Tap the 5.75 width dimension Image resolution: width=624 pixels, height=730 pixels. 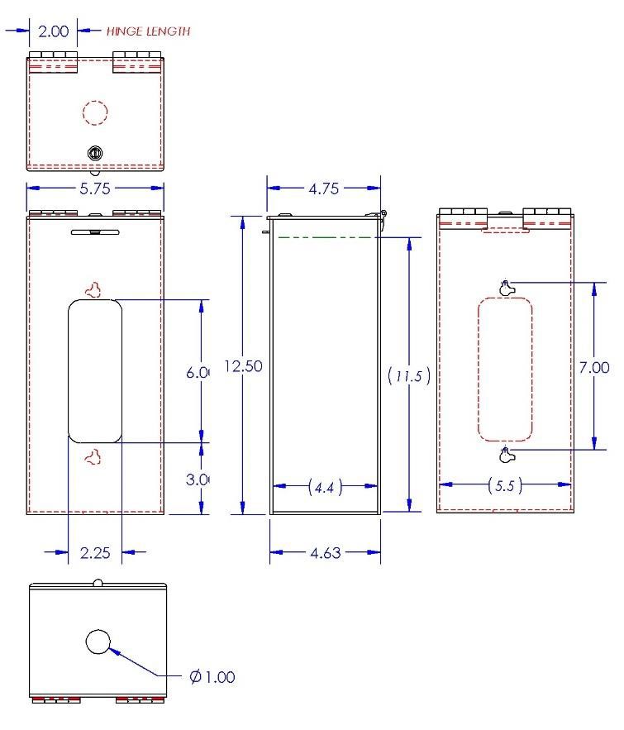96,188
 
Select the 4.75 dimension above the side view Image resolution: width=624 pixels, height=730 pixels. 324,188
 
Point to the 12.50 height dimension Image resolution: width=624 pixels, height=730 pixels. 243,366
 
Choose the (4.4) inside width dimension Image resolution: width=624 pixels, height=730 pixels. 325,488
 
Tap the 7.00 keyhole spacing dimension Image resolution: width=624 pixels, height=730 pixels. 594,367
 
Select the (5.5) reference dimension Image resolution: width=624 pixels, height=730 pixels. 504,487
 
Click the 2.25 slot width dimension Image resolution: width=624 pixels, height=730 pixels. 94,552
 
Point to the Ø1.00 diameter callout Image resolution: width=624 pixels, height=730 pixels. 212,677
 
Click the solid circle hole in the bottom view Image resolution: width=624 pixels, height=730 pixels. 99,641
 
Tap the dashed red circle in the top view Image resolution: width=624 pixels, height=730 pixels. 96,112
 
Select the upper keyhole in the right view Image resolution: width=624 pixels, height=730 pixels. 507,288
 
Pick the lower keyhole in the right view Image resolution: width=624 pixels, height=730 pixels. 507,455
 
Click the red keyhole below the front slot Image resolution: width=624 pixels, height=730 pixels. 95,456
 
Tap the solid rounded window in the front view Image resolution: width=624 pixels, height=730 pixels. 95,371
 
